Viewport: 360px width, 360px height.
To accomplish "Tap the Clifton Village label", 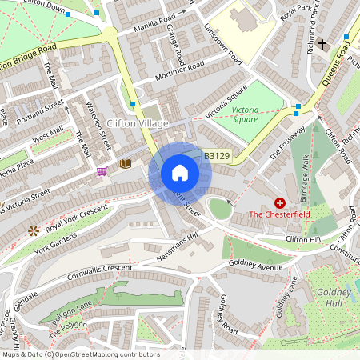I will (x=137, y=122).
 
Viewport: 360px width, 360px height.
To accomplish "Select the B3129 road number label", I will (x=217, y=158).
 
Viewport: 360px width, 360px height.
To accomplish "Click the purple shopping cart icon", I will (x=102, y=170).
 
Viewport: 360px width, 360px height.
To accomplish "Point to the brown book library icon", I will (x=125, y=163).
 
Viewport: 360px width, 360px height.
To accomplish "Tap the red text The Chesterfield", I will (x=280, y=214).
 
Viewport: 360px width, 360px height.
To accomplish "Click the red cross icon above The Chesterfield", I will (x=280, y=203).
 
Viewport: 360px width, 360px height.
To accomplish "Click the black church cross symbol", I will (x=322, y=44).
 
